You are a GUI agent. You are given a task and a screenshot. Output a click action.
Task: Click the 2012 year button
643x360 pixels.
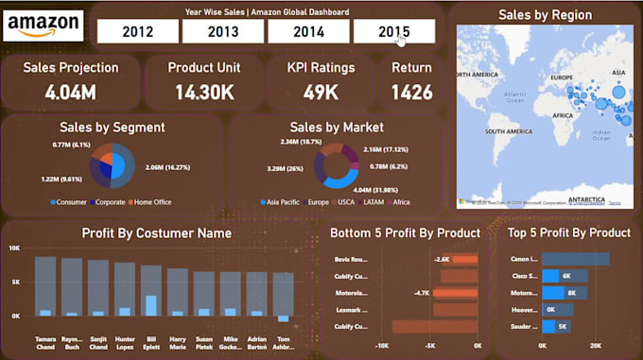137,31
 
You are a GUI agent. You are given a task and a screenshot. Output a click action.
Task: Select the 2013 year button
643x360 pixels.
222,31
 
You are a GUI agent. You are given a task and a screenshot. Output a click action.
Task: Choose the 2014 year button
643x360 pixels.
308,31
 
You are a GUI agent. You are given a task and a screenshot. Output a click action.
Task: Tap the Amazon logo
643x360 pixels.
43,26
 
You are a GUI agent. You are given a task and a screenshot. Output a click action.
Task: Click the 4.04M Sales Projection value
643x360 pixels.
71,93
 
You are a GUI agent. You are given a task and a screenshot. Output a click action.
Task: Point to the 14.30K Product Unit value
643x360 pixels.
204,93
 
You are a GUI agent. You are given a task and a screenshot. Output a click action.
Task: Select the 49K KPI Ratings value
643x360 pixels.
321,93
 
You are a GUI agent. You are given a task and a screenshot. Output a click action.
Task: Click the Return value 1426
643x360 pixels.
412,93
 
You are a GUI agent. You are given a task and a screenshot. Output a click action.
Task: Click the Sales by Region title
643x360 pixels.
545,15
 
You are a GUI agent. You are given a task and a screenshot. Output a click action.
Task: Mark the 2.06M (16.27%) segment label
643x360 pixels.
168,167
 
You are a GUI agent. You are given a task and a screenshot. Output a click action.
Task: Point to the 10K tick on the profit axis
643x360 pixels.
14,248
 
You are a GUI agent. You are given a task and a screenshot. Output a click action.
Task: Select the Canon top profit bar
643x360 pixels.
575,259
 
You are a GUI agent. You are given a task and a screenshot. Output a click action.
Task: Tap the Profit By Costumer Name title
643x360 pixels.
156,232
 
